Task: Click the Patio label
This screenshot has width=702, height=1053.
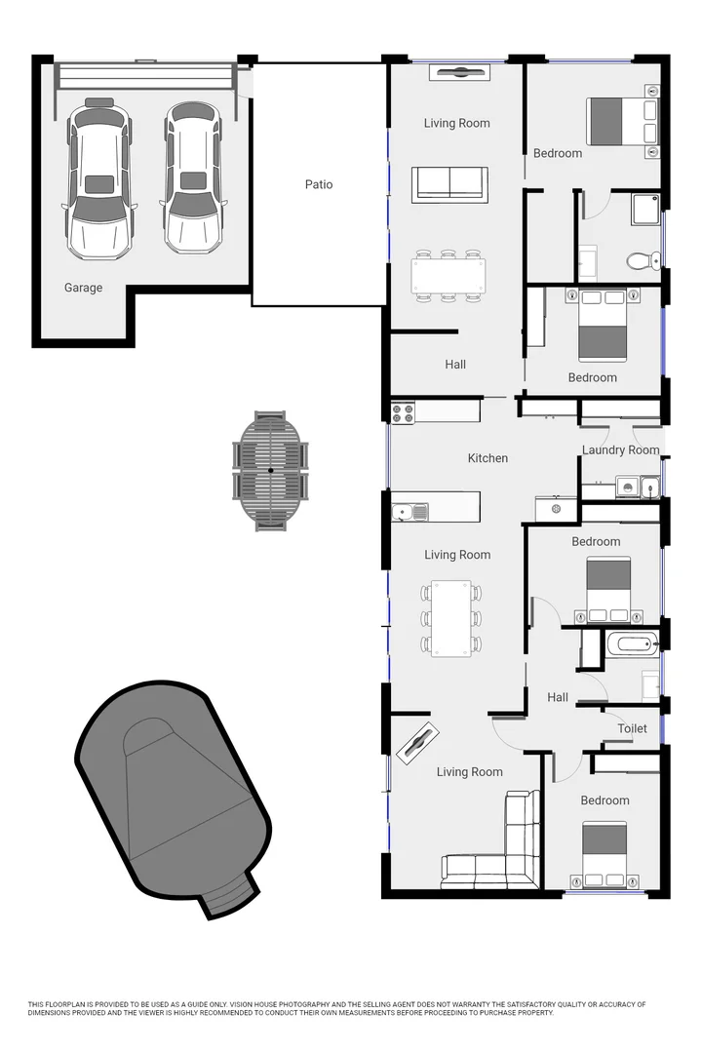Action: (319, 184)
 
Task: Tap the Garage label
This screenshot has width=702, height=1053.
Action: (83, 288)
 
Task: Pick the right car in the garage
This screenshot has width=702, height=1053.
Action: (193, 177)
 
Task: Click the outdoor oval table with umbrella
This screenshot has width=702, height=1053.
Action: (271, 471)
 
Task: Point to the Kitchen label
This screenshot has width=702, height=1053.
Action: (487, 458)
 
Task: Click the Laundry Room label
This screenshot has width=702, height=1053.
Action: (620, 450)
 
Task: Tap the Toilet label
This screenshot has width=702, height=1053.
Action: (632, 728)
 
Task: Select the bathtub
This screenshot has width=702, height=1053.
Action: (632, 643)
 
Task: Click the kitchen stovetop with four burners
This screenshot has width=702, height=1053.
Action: (403, 412)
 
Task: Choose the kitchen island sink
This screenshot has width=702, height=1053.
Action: (410, 510)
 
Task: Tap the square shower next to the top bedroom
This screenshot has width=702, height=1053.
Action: (645, 209)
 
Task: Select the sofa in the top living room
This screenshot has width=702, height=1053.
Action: (449, 183)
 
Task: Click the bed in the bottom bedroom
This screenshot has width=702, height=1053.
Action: (604, 855)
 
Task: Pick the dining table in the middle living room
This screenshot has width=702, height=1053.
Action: (450, 618)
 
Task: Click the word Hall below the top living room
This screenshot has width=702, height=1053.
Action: (455, 365)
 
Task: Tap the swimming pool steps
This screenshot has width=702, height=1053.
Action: (227, 894)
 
